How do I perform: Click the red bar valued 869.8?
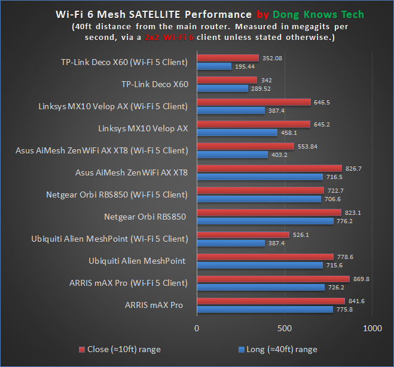click(273, 279)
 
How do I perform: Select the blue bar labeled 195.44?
click(214, 66)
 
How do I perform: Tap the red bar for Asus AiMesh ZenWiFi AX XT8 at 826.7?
click(269, 168)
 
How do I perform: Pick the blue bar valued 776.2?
click(265, 221)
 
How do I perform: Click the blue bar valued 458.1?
click(237, 132)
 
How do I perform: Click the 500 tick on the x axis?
click(285, 328)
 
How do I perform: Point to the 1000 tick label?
click(372, 328)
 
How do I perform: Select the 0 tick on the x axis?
click(197, 328)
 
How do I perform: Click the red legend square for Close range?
click(81, 349)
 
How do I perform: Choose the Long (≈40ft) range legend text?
click(282, 349)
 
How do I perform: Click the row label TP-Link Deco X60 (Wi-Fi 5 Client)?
click(124, 62)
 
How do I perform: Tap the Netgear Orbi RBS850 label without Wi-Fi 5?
click(146, 216)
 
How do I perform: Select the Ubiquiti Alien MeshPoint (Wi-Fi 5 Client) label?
click(109, 239)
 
